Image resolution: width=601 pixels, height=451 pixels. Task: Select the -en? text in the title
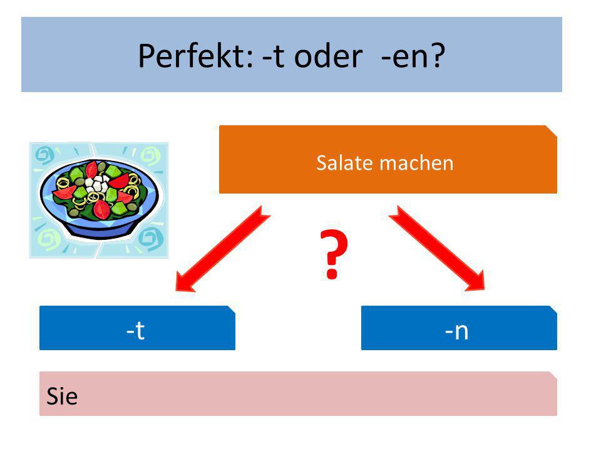click(413, 56)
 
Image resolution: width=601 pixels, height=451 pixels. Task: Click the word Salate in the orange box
click(344, 163)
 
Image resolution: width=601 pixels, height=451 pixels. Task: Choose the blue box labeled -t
click(137, 328)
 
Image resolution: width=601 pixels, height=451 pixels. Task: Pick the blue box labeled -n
click(459, 328)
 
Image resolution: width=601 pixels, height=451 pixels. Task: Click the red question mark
click(334, 254)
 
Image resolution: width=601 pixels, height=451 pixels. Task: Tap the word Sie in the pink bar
click(62, 396)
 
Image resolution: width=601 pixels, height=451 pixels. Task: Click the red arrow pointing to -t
click(223, 249)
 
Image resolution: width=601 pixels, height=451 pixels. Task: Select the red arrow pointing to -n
click(437, 249)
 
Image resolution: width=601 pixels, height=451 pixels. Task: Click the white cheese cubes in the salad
click(97, 184)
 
